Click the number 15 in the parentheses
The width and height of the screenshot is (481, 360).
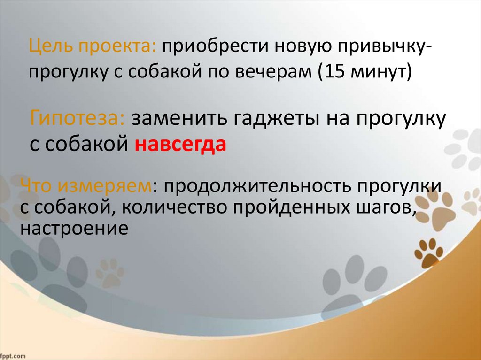331,73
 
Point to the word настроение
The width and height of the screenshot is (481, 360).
74,229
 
